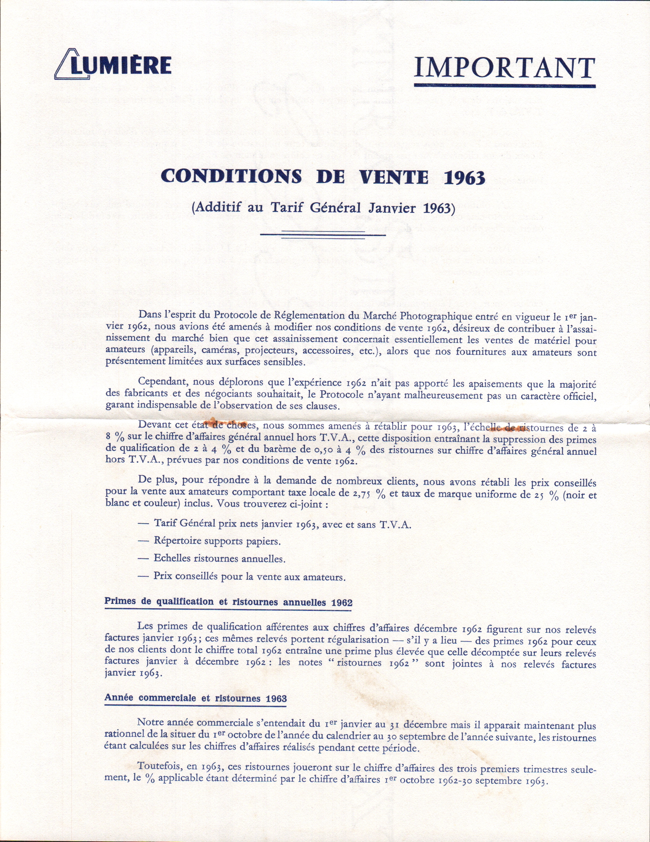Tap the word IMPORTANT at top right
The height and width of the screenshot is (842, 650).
(x=504, y=68)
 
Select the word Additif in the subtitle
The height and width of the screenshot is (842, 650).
(x=216, y=208)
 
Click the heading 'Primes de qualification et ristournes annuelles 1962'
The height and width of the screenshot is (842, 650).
(x=228, y=602)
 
